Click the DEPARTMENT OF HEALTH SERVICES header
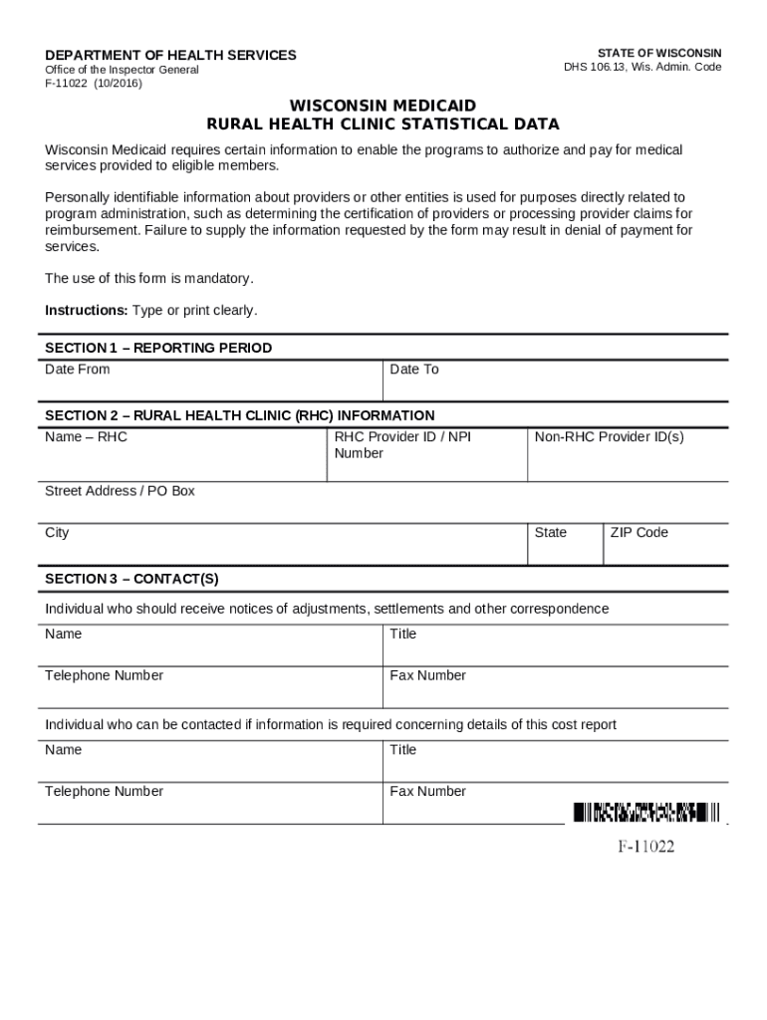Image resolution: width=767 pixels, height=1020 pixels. coord(170,55)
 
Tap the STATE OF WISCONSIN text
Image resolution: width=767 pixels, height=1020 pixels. coord(659,53)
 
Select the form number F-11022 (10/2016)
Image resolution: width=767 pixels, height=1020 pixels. coord(94,84)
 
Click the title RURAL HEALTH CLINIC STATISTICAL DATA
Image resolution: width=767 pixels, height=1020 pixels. coord(383,125)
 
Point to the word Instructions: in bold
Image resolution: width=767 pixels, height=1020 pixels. coord(87,311)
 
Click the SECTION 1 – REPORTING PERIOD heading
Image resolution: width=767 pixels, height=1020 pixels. coord(158,348)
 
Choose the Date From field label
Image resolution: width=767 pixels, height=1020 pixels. coord(78,370)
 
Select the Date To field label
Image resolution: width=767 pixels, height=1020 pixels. coord(414,370)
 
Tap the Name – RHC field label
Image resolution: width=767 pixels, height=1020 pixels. coord(86,436)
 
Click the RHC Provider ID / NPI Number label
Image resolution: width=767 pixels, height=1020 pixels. coord(402,444)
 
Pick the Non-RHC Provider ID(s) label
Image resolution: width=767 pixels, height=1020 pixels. coord(609,436)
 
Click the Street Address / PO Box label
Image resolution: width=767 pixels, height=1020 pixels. coord(120,491)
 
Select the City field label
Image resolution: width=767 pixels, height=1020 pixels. coord(57,533)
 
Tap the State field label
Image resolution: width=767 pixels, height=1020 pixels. coord(551,533)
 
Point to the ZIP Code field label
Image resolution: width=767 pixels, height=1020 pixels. coord(639,533)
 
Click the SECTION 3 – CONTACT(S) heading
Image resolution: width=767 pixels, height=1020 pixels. coord(131,579)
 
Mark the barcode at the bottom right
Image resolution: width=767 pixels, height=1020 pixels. coord(645,813)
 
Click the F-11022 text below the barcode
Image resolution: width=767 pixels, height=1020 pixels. coord(645,848)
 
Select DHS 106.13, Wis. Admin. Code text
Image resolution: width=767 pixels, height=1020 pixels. coord(642,68)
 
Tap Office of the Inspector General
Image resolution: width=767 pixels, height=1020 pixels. coord(122,70)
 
